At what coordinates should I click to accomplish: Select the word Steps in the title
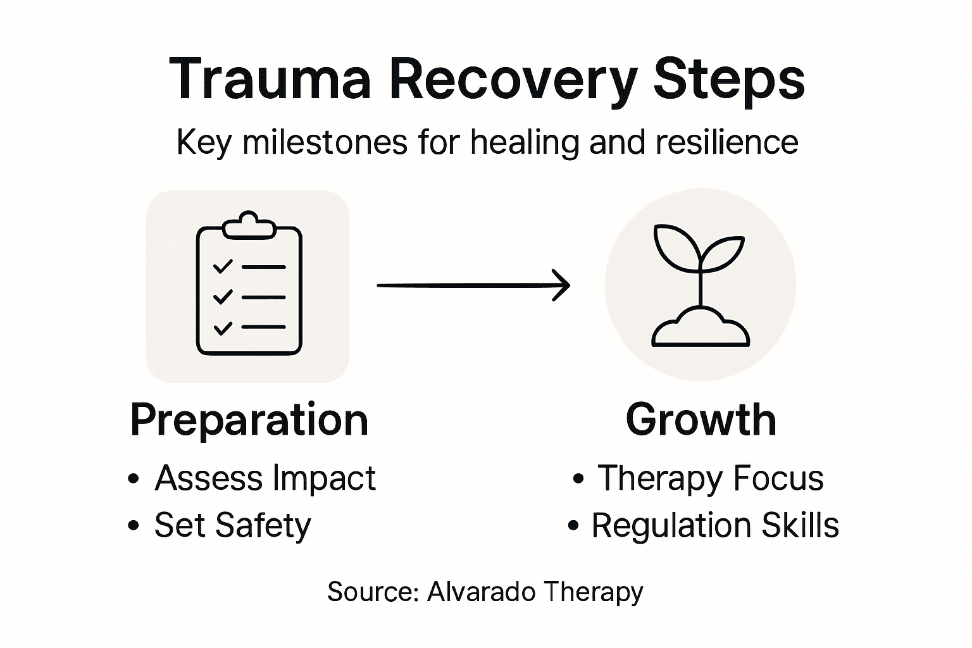(728, 79)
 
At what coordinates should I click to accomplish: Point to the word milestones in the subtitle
(325, 142)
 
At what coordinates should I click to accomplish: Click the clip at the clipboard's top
(249, 225)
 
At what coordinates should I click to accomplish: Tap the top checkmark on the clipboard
(222, 266)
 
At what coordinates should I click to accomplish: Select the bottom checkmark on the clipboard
(222, 328)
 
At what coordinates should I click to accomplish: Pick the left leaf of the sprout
(674, 246)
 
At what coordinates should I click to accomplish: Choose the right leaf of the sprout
(723, 252)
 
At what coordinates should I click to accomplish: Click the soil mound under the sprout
(701, 327)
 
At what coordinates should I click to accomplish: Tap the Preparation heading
(249, 420)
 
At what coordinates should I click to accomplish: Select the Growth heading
(701, 420)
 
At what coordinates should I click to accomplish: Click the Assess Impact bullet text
(265, 478)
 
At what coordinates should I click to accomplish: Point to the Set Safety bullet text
(232, 525)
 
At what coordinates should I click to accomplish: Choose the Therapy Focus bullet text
(710, 478)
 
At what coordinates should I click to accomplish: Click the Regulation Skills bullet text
(714, 525)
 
